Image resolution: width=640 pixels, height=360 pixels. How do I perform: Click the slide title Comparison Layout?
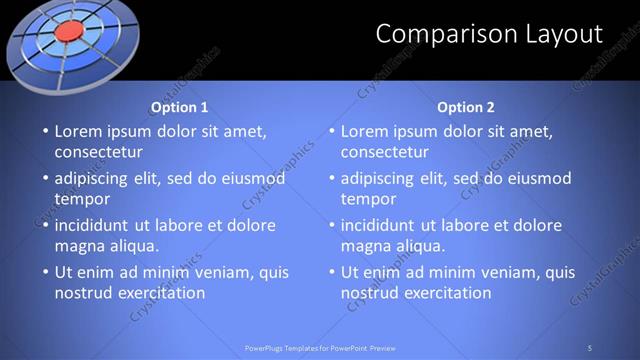tap(489, 34)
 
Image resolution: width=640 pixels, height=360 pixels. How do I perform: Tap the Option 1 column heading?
tap(180, 107)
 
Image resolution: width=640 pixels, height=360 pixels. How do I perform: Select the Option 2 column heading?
tap(466, 107)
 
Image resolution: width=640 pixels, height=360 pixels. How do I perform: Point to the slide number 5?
tap(590, 347)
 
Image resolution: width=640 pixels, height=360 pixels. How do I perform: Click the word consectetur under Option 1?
tap(98, 153)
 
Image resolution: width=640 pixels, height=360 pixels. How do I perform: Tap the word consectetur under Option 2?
tap(384, 153)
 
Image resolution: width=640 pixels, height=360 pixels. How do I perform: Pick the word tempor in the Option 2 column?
tap(369, 198)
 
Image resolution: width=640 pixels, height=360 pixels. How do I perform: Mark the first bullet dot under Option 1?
tap(44, 131)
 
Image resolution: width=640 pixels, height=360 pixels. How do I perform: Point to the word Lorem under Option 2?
tap(366, 131)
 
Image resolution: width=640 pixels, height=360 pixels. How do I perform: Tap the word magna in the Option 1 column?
tap(80, 245)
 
